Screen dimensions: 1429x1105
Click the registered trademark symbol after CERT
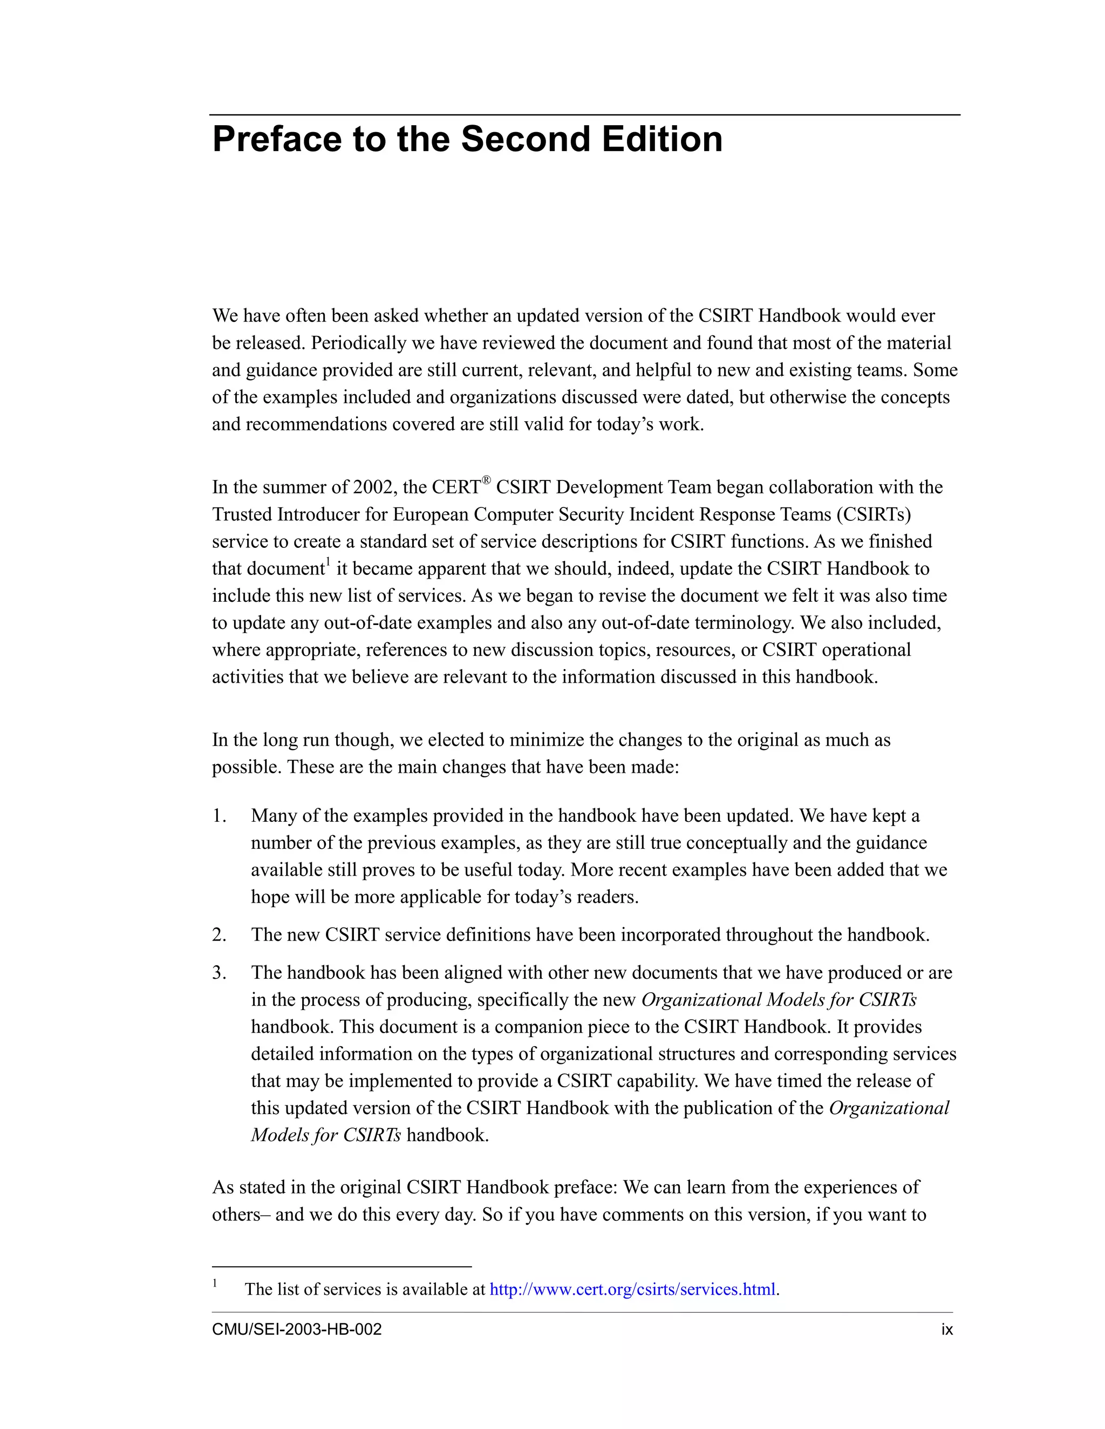[486, 480]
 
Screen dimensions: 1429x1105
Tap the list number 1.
[219, 816]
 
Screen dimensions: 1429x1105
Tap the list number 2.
[219, 935]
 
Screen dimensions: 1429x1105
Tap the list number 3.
[219, 972]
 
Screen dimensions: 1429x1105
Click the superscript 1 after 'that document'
[329, 562]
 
